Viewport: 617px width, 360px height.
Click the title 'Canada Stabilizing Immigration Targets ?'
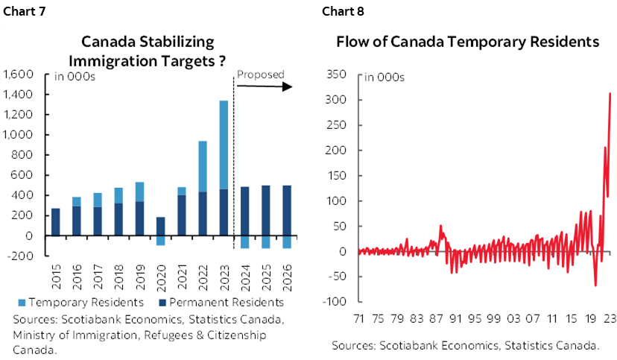(154, 51)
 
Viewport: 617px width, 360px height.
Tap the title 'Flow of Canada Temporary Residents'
(468, 42)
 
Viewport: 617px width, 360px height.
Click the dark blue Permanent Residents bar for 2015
(55, 222)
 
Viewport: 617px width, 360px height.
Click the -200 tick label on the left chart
(24, 256)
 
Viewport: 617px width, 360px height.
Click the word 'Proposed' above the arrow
(260, 75)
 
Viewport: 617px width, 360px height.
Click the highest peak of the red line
(610, 93)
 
